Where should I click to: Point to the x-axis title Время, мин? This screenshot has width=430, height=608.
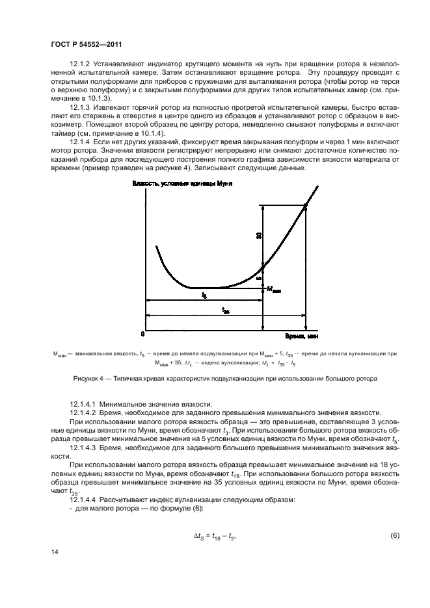301,336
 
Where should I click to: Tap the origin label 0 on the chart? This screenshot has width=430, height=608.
142,334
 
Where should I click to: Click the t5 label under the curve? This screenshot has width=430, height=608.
204,296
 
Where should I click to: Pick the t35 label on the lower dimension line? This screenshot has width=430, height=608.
225,311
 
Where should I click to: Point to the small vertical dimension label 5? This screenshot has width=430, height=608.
258,277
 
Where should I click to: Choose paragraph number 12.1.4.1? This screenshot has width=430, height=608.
84,405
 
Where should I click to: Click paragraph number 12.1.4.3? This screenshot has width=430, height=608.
84,449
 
